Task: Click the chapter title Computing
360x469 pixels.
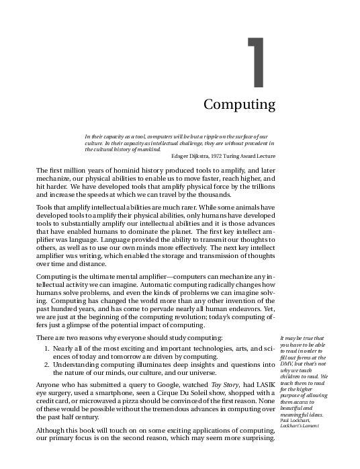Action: pos(239,105)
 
